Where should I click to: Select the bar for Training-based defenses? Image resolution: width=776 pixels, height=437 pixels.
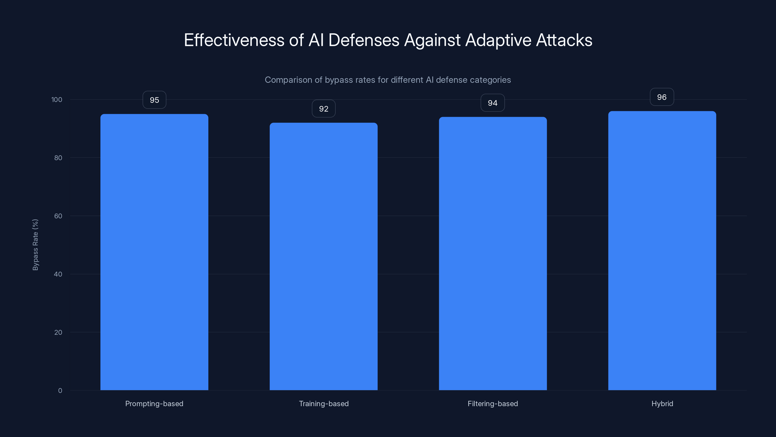pyautogui.click(x=323, y=256)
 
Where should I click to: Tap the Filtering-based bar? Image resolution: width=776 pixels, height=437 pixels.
pyautogui.click(x=493, y=253)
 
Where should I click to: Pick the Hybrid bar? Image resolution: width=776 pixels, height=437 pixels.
pyautogui.click(x=662, y=250)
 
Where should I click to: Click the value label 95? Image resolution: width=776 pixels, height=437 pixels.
pyautogui.click(x=154, y=100)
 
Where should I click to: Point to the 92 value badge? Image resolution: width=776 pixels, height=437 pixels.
pyautogui.click(x=323, y=109)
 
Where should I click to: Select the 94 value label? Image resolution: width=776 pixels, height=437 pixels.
pyautogui.click(x=493, y=103)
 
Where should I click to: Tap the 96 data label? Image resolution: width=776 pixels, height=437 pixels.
pyautogui.click(x=662, y=97)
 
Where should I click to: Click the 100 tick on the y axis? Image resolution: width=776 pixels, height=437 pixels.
pyautogui.click(x=57, y=100)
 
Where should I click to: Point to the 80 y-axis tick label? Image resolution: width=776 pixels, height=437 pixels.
pyautogui.click(x=58, y=158)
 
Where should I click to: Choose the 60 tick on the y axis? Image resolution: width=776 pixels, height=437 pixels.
pyautogui.click(x=58, y=216)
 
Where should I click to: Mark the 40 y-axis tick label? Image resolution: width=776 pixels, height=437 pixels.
pyautogui.click(x=58, y=274)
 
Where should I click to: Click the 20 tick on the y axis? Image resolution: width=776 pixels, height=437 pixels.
pyautogui.click(x=58, y=332)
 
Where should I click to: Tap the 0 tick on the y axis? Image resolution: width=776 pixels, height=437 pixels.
pyautogui.click(x=60, y=391)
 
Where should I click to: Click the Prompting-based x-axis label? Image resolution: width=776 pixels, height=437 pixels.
pyautogui.click(x=154, y=403)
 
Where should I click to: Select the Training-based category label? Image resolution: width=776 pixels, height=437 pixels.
pyautogui.click(x=323, y=403)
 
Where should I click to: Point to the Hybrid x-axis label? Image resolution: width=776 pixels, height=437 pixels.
pyautogui.click(x=662, y=403)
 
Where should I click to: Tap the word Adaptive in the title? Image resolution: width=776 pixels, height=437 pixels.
pyautogui.click(x=498, y=40)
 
